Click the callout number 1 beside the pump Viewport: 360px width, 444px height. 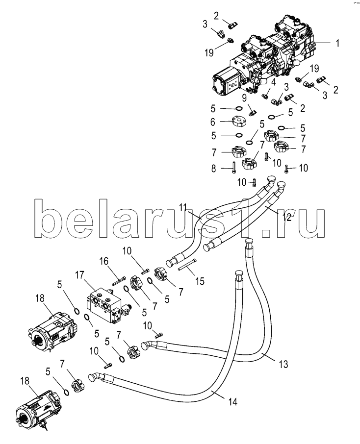(337, 44)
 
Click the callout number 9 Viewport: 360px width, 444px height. (244, 98)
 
